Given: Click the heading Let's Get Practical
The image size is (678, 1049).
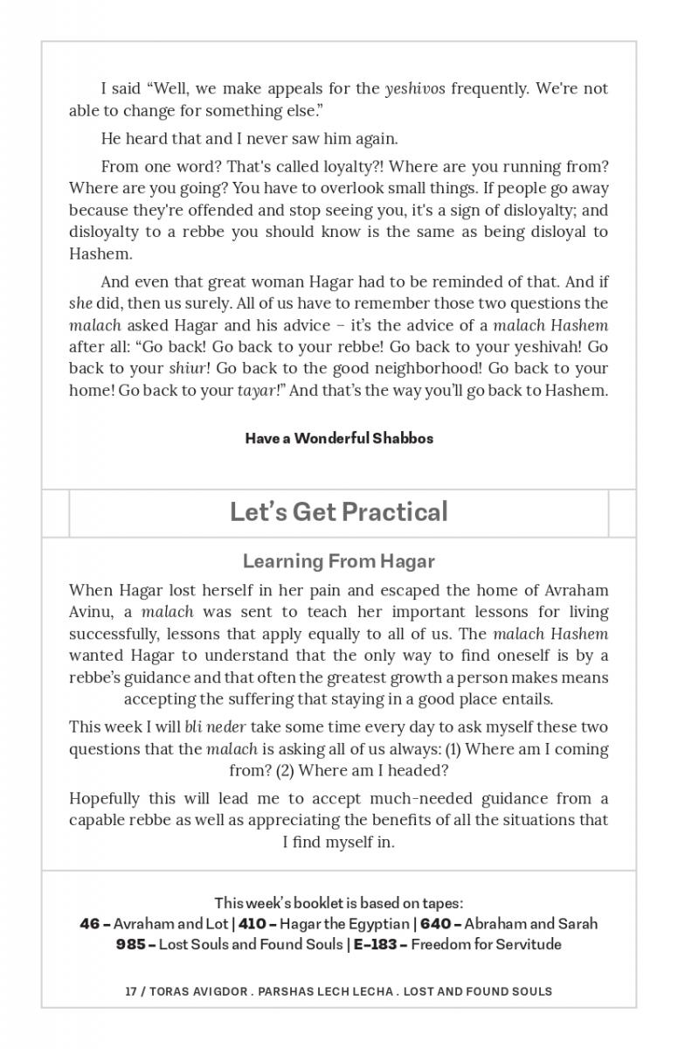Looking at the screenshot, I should click(x=338, y=511).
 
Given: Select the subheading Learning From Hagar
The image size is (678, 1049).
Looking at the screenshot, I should click(x=338, y=561).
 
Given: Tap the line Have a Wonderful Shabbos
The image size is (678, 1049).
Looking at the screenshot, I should click(x=339, y=438).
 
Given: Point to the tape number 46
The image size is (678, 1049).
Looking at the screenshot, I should click(x=89, y=923).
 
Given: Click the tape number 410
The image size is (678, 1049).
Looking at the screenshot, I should click(x=253, y=923).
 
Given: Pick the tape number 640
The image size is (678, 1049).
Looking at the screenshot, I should click(x=436, y=923).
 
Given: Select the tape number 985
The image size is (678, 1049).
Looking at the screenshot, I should click(x=131, y=944).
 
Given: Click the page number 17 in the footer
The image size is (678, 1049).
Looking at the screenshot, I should click(x=132, y=991).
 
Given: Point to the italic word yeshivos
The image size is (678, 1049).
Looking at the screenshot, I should click(x=415, y=88).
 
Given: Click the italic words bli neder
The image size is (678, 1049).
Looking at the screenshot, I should click(x=215, y=727).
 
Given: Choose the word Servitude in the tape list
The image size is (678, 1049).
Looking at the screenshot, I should click(x=529, y=944).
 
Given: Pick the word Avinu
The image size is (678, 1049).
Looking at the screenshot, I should click(x=90, y=612).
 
